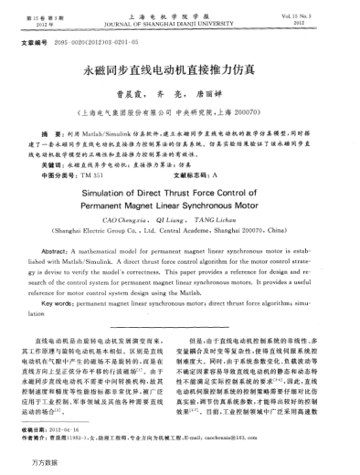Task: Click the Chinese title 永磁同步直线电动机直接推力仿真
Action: click(180, 69)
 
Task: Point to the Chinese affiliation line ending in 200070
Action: click(179, 108)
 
